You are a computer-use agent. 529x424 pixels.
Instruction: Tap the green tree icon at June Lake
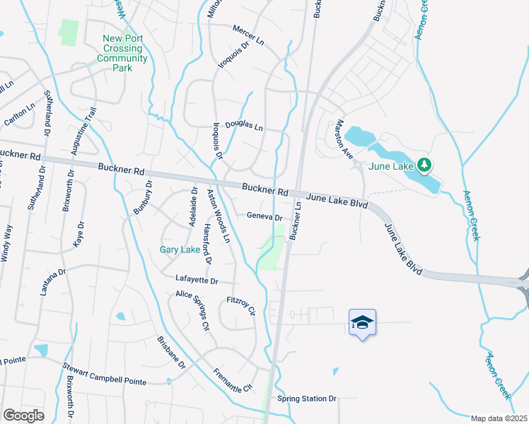click(x=424, y=165)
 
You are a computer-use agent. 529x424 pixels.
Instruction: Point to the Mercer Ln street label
click(x=248, y=36)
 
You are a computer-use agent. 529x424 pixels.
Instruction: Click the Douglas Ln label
click(x=244, y=126)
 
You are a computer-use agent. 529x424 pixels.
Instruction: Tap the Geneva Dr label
click(x=264, y=218)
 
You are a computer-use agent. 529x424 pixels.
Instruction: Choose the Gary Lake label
click(x=180, y=249)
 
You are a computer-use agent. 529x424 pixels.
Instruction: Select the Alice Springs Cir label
click(x=193, y=310)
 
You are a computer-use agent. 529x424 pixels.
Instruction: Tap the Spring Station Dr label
click(x=307, y=399)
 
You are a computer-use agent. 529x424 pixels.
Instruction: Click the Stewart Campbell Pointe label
click(x=104, y=375)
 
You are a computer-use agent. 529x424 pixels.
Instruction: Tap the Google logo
click(x=23, y=416)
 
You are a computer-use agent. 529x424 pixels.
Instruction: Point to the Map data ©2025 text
click(x=499, y=418)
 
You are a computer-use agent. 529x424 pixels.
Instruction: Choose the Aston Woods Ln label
click(x=218, y=216)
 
